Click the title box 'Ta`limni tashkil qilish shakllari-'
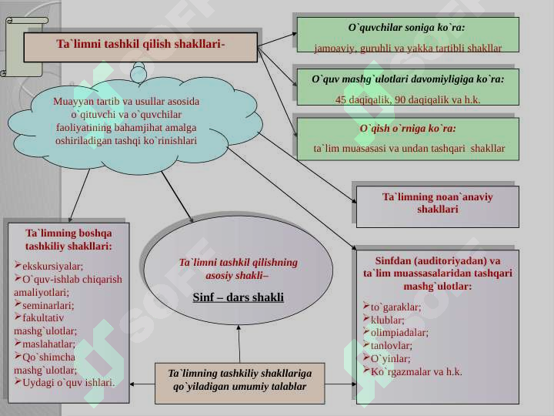(140, 48)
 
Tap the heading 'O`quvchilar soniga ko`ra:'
(406, 28)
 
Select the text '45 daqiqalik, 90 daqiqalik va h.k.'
(408, 99)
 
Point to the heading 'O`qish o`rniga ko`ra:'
(408, 128)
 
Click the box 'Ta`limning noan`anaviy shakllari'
(437, 206)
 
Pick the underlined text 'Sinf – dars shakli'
(238, 297)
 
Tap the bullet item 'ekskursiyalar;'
(48, 266)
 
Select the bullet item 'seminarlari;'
(44, 305)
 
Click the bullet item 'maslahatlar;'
(45, 344)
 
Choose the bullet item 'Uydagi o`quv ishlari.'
(65, 382)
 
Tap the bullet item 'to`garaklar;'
(392, 307)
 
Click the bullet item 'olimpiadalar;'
(395, 333)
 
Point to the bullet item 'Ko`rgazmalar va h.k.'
(412, 371)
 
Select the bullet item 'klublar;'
(384, 320)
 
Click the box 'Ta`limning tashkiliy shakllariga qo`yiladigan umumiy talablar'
(239, 384)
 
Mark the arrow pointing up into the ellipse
(239, 344)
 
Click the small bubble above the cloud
(138, 74)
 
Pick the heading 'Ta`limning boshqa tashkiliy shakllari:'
(68, 240)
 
